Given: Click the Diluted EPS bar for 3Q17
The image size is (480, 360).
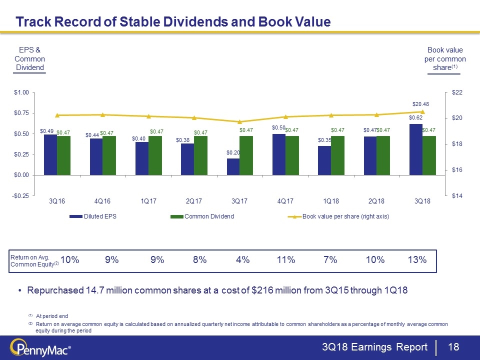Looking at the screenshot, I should point(233,166).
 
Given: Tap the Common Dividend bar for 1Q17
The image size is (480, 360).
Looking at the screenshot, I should point(155,155).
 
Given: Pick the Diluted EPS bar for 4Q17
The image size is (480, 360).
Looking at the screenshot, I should point(279,154).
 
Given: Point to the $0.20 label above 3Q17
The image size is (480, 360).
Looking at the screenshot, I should point(233,152).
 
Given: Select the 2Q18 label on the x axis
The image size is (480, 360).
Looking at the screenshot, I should point(376,201).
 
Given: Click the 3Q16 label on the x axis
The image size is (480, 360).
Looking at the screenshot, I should point(56,201).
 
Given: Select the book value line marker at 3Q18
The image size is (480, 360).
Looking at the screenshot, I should point(422,112).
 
